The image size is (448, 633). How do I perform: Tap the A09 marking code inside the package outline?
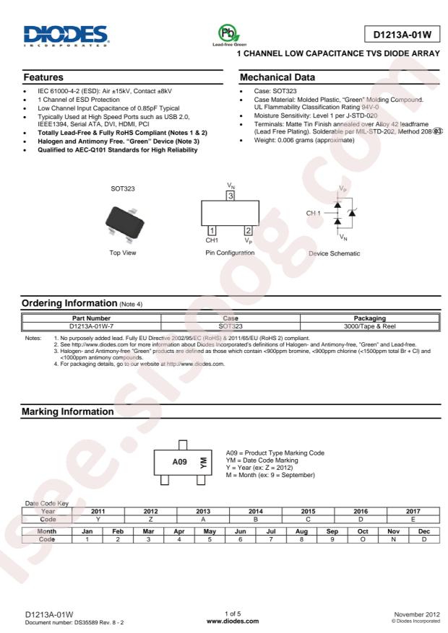(179, 462)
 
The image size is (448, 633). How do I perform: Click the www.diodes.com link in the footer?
(224, 619)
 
